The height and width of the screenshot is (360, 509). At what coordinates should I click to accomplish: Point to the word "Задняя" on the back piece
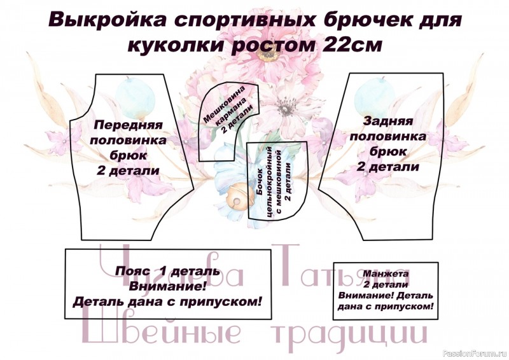pyautogui.click(x=388, y=121)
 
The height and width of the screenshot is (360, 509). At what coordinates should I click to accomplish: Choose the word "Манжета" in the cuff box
pyautogui.click(x=386, y=273)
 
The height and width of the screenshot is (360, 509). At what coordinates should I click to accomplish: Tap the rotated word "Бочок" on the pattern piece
pyautogui.click(x=260, y=183)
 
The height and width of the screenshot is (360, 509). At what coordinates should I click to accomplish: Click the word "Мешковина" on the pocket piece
pyautogui.click(x=225, y=103)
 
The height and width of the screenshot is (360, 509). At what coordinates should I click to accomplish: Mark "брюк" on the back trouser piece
pyautogui.click(x=388, y=151)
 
